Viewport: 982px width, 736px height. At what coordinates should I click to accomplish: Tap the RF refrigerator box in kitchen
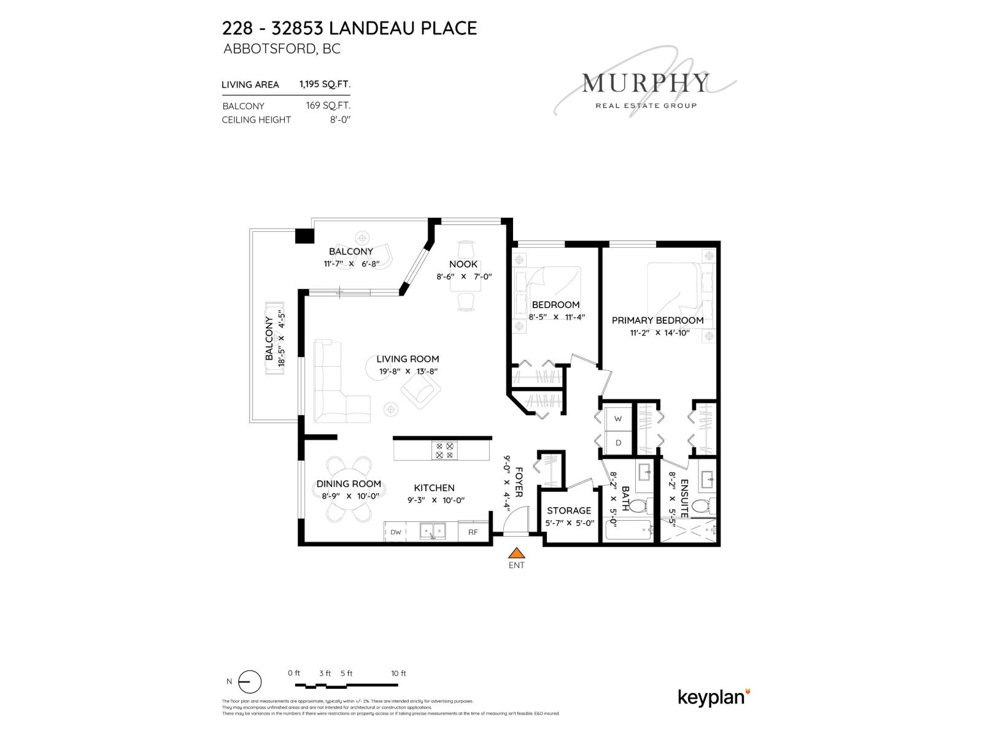tap(473, 532)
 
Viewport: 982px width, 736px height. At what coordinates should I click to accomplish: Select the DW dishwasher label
tap(395, 532)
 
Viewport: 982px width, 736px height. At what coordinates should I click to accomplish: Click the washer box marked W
tap(618, 418)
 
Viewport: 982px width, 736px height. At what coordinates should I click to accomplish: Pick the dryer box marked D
tap(618, 443)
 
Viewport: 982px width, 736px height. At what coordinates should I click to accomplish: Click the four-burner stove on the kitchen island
tap(445, 451)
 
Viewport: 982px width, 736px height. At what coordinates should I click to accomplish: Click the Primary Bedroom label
tap(657, 320)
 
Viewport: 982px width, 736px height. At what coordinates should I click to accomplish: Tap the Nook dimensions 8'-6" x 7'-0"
tap(464, 277)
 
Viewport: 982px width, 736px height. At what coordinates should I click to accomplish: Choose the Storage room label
tap(569, 510)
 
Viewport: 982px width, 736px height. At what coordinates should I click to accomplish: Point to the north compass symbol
tap(250, 682)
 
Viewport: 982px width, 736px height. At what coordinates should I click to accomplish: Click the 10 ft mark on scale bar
tap(399, 673)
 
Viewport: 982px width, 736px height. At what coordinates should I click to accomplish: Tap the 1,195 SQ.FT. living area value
tap(325, 84)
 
